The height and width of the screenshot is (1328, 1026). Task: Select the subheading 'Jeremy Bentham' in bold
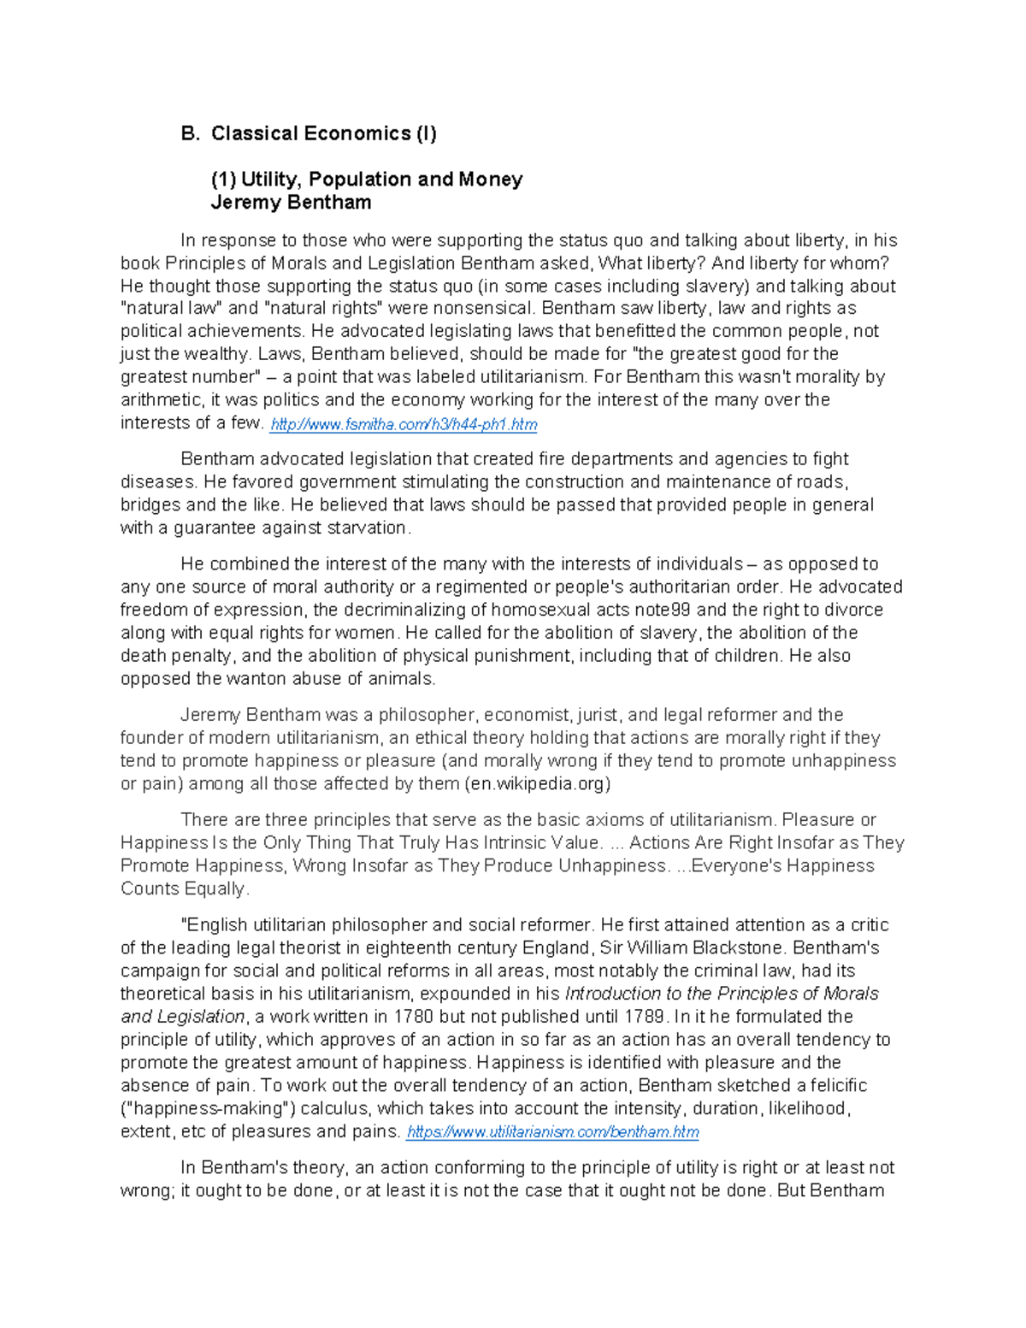[x=291, y=203]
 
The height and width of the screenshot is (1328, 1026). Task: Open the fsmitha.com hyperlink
[x=404, y=424]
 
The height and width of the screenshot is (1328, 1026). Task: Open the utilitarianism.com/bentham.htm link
[x=552, y=1132]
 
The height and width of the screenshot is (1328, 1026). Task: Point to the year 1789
[x=645, y=1017]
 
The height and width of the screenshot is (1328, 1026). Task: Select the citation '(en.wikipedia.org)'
[x=538, y=783]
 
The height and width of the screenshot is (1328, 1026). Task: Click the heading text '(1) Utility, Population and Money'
[x=367, y=180]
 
